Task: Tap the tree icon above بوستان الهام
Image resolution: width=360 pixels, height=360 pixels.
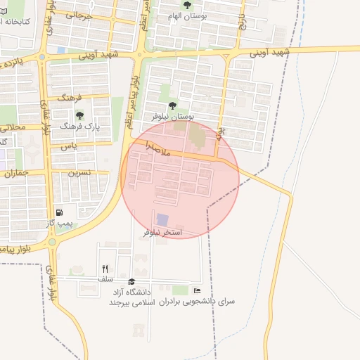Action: click(x=186, y=6)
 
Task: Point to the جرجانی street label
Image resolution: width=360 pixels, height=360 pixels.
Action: click(x=79, y=15)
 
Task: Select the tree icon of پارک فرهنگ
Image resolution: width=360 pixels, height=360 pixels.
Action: click(x=79, y=115)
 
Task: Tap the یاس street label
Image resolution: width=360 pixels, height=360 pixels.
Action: click(x=68, y=146)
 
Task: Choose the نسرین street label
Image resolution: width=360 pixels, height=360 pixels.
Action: click(x=79, y=172)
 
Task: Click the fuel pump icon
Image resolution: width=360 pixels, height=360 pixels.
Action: click(x=58, y=212)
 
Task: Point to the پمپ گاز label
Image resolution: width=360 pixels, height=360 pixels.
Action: click(x=60, y=223)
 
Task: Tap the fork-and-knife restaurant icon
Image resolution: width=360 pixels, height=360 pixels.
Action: click(x=105, y=268)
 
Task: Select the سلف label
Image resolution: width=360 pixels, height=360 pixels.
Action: click(x=105, y=278)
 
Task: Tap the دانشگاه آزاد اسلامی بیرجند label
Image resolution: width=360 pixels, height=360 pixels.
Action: click(x=134, y=296)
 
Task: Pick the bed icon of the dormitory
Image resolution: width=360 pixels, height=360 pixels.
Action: click(x=197, y=290)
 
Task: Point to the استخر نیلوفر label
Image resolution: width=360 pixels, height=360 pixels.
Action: click(x=162, y=231)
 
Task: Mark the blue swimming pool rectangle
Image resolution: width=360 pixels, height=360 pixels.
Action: click(x=162, y=219)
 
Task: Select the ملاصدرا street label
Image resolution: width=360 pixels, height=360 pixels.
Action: click(x=159, y=149)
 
